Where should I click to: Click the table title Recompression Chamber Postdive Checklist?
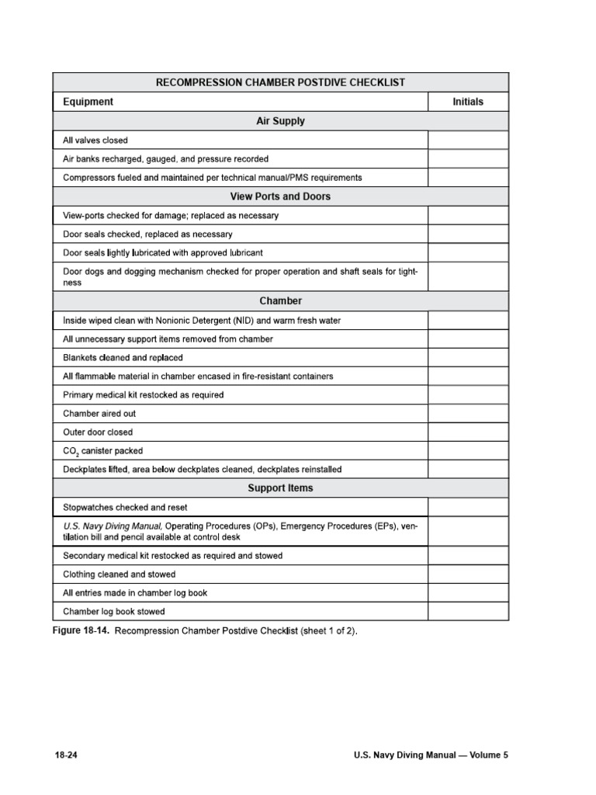click(280, 82)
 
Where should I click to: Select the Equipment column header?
click(88, 102)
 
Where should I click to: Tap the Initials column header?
click(468, 102)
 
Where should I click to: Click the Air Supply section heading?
click(280, 121)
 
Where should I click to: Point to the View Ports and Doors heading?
click(280, 196)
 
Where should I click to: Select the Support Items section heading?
click(280, 488)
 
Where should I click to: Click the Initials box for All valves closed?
click(468, 141)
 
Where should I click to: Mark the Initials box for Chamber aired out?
click(468, 414)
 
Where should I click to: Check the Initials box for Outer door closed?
click(468, 432)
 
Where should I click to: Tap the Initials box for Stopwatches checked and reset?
click(468, 508)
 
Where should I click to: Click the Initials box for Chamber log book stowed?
click(468, 612)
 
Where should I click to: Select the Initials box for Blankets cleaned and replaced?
click(468, 358)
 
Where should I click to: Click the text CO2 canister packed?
click(102, 451)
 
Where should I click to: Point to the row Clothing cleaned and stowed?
click(119, 575)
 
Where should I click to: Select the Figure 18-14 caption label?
click(81, 631)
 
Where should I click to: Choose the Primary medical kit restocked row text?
click(143, 395)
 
